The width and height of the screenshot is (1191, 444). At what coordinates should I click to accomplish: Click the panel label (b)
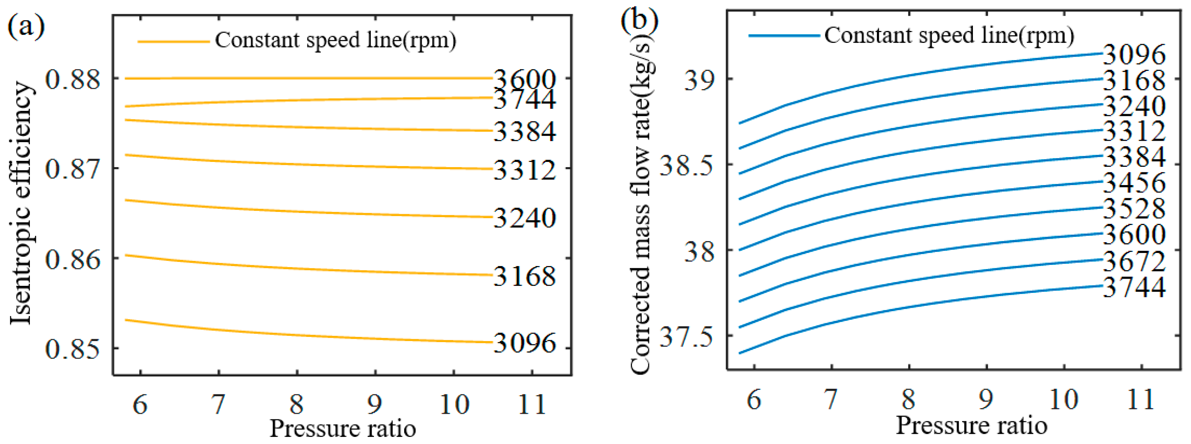(639, 21)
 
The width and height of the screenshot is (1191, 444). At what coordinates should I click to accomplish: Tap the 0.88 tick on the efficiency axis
(72, 79)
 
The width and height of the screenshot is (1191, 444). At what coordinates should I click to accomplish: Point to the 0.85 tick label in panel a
(72, 349)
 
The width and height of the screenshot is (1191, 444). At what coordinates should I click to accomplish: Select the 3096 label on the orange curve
(524, 343)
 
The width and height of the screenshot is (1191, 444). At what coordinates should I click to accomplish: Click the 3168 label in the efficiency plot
(524, 276)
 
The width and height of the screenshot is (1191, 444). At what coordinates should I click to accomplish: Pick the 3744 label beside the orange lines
(524, 100)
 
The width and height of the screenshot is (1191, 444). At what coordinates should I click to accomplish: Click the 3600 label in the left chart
(524, 79)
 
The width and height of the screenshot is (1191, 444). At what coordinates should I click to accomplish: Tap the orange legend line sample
(173, 41)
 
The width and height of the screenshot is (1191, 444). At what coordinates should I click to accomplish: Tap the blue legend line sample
(784, 35)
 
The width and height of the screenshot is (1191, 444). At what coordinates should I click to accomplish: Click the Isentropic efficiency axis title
(21, 203)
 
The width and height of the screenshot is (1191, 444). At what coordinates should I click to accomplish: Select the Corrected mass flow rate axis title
(641, 203)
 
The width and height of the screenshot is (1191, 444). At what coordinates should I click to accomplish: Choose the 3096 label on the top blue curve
(1134, 54)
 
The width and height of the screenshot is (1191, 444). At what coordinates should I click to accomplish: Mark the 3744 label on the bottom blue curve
(1134, 287)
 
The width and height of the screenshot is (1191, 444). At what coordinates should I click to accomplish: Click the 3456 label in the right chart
(1134, 182)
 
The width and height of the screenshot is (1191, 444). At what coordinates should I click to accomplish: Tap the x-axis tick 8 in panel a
(297, 404)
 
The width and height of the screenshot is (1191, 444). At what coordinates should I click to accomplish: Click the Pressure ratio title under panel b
(971, 425)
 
